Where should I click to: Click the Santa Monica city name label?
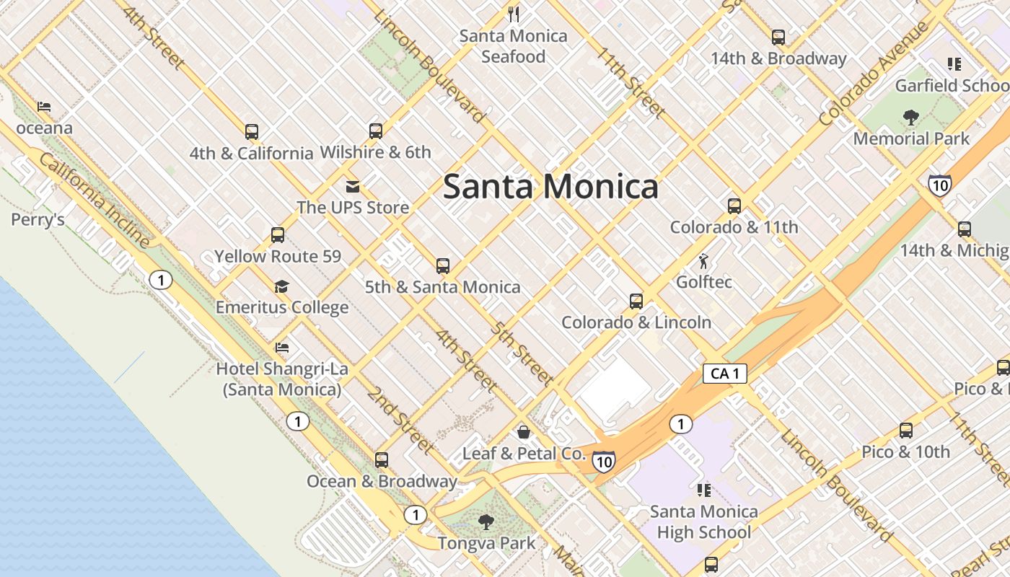coord(550,186)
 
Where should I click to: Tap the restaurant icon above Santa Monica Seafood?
coord(514,14)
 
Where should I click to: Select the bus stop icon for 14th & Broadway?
coord(778,38)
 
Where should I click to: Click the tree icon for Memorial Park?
coord(910,118)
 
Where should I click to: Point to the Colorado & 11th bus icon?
coord(734,206)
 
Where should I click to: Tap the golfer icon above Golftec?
coord(703,261)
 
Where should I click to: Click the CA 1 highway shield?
coord(724,374)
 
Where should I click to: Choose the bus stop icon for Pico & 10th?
coord(905,431)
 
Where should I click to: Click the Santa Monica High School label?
coord(703,522)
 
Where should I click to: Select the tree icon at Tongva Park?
coord(486,522)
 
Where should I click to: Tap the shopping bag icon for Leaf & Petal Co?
coord(524,432)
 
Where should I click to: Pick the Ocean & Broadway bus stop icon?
coord(382,460)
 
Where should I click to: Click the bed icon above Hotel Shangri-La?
coord(282,348)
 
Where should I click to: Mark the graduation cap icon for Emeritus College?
coord(281,287)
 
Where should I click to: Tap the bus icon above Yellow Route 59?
coord(278,235)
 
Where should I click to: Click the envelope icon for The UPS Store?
coord(352,188)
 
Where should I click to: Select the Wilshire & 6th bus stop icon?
coord(375,131)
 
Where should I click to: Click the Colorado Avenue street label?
coord(874,74)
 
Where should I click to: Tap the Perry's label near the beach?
coord(38,220)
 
